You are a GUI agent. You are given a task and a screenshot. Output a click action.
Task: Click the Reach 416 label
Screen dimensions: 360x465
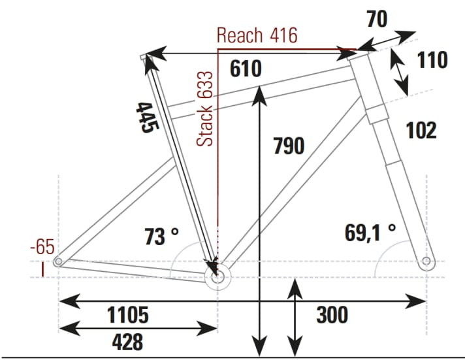(257, 35)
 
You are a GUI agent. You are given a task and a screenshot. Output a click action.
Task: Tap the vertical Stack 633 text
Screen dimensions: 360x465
(206, 109)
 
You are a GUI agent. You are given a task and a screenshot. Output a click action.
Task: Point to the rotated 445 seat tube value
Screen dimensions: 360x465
(144, 118)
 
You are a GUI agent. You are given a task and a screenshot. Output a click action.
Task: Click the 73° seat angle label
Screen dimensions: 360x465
(161, 236)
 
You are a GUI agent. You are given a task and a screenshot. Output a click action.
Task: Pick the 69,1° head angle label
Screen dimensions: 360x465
(370, 231)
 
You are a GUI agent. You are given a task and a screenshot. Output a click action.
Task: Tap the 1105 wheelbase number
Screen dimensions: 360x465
(128, 315)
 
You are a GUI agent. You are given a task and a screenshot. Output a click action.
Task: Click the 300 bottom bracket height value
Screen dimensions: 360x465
(332, 315)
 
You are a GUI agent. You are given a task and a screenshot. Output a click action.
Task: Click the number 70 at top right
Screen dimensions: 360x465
(376, 19)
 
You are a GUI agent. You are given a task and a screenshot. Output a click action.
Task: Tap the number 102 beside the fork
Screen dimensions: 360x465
(421, 131)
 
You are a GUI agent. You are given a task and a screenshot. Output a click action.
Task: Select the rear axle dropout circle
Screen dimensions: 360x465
(58, 262)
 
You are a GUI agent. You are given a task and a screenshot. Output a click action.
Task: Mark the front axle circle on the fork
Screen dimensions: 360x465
(426, 262)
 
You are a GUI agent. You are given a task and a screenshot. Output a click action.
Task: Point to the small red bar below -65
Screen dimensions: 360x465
(43, 269)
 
